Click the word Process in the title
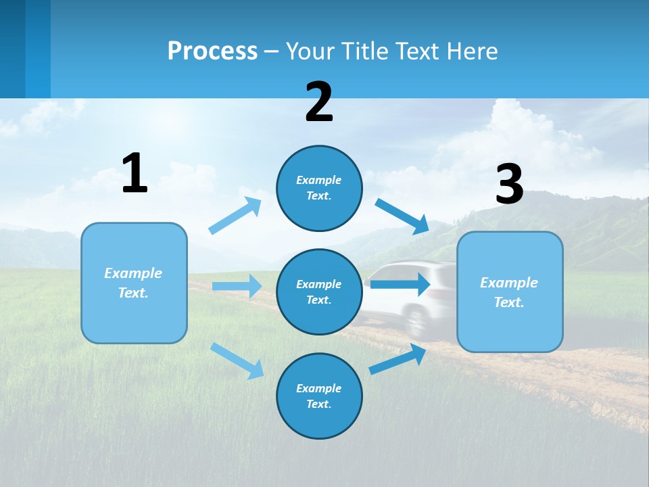coord(212,51)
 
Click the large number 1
coord(135,174)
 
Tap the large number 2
coord(319,103)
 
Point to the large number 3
coord(509,185)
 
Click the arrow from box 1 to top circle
coord(235,216)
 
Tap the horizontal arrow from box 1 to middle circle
coord(237,286)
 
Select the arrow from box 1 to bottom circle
coord(237,361)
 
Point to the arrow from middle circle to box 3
coord(400,284)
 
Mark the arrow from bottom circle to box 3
coord(398,359)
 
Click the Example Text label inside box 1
coord(133,283)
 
